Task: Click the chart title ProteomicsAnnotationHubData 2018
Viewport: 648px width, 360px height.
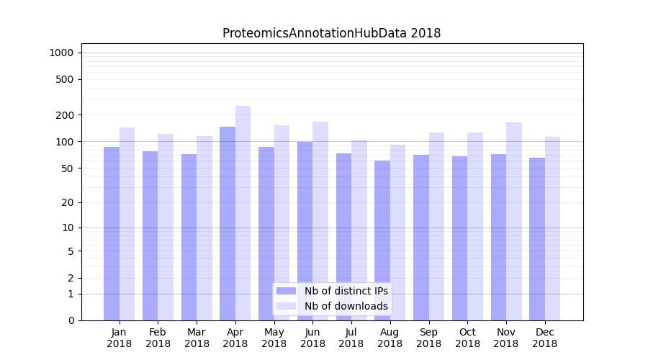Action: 331,33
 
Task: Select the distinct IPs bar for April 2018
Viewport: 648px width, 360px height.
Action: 228,223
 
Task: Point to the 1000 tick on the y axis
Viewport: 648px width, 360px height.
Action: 60,53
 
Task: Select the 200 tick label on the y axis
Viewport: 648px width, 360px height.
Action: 65,115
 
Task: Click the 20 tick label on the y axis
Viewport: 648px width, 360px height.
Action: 68,202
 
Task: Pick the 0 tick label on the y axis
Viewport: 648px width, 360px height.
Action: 71,320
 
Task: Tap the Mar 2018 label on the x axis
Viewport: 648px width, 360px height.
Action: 197,338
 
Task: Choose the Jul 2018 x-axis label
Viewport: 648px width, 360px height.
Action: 351,338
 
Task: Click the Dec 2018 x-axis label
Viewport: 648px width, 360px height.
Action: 544,338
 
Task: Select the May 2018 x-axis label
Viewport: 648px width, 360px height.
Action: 274,338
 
